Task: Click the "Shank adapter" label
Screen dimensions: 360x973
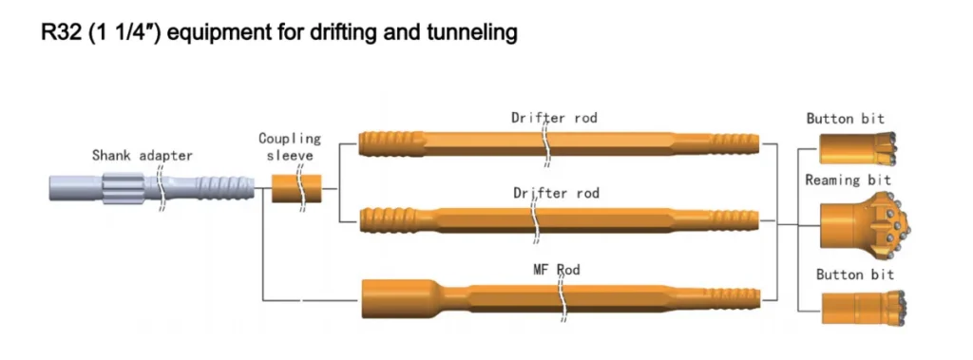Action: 142,155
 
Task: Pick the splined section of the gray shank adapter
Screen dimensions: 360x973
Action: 121,187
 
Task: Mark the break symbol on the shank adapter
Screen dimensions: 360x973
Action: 162,187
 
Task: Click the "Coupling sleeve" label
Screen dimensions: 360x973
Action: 290,147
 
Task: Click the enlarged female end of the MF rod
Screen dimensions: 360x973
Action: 391,299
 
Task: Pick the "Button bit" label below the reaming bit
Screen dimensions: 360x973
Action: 854,275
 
